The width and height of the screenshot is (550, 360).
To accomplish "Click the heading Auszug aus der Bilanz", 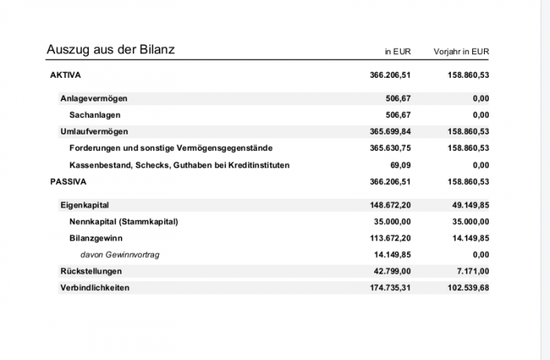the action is pyautogui.click(x=111, y=50).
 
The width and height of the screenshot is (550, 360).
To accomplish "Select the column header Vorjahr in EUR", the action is pyautogui.click(x=461, y=52).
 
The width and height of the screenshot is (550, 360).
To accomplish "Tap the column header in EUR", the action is pyautogui.click(x=398, y=52).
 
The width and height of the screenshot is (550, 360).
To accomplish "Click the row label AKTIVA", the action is pyautogui.click(x=65, y=75).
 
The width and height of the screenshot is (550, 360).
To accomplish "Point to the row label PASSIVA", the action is pyautogui.click(x=68, y=182).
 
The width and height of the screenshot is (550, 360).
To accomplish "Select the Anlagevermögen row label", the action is pyautogui.click(x=93, y=98).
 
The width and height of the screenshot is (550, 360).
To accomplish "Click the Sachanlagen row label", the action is pyautogui.click(x=95, y=115).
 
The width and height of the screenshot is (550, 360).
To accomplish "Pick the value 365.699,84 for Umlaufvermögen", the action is pyautogui.click(x=390, y=131).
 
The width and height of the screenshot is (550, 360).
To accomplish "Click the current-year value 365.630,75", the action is pyautogui.click(x=390, y=148).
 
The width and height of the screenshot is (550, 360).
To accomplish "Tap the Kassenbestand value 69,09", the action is pyautogui.click(x=400, y=165).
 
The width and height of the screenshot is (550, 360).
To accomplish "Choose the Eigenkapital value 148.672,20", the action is pyautogui.click(x=390, y=205).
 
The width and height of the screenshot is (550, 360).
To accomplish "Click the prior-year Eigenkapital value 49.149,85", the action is pyautogui.click(x=471, y=205).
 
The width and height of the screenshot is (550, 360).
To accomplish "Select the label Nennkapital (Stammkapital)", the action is pyautogui.click(x=124, y=222).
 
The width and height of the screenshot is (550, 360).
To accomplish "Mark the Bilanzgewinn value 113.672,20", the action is pyautogui.click(x=390, y=238).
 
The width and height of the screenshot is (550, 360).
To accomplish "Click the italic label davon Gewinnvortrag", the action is pyautogui.click(x=120, y=255).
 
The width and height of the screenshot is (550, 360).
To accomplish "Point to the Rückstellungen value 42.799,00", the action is pyautogui.click(x=392, y=271).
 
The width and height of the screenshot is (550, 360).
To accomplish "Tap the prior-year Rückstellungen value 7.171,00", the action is pyautogui.click(x=472, y=271).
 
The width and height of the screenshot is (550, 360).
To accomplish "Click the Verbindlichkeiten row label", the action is pyautogui.click(x=95, y=288).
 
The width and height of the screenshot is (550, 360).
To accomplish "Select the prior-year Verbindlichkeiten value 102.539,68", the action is pyautogui.click(x=468, y=288).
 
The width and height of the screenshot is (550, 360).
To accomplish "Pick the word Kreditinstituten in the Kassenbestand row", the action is pyautogui.click(x=258, y=165).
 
